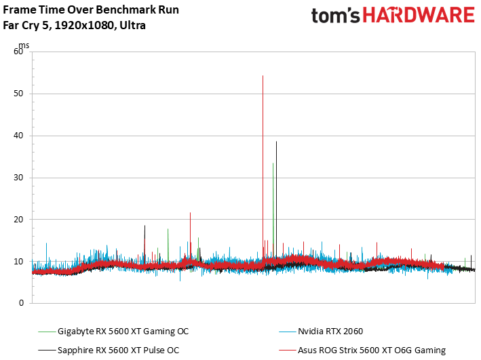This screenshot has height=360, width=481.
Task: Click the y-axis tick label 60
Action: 19,52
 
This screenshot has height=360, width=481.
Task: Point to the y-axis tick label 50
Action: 19,94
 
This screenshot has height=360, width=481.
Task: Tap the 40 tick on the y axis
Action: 19,136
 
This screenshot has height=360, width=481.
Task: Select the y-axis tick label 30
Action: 19,178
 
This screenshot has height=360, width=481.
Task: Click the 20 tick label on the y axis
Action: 19,220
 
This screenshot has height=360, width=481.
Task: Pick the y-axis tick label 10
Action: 19,262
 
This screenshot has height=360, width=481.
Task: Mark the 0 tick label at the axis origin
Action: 21,304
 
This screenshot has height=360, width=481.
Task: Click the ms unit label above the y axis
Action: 24,45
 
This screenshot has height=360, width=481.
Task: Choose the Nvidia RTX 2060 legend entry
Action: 330,332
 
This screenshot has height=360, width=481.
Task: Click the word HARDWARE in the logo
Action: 419,17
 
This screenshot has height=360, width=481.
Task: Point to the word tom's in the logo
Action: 336,17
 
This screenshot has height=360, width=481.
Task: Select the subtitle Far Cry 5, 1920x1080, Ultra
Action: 75,26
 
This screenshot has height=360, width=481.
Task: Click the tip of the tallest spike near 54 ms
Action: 263,76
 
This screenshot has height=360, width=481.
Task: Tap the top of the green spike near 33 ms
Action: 273,163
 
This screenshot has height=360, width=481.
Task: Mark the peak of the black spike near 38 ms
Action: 276,142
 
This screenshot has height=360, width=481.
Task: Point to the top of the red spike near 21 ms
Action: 190,213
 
